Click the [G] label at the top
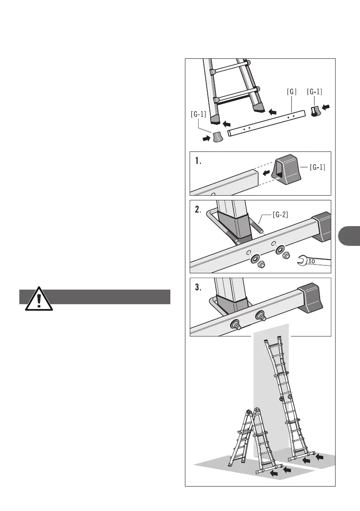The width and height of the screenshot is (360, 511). pyautogui.click(x=292, y=91)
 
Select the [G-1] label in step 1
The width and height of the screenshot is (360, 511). pyautogui.click(x=317, y=167)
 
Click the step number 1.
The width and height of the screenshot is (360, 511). pyautogui.click(x=197, y=162)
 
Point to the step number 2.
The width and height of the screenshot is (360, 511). pyautogui.click(x=198, y=210)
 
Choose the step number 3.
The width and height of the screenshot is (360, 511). pyautogui.click(x=198, y=288)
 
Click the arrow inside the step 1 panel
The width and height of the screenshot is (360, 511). pyautogui.click(x=266, y=173)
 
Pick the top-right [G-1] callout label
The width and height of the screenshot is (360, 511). pyautogui.click(x=315, y=91)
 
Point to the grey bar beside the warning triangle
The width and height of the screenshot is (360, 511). pyautogui.click(x=107, y=296)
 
